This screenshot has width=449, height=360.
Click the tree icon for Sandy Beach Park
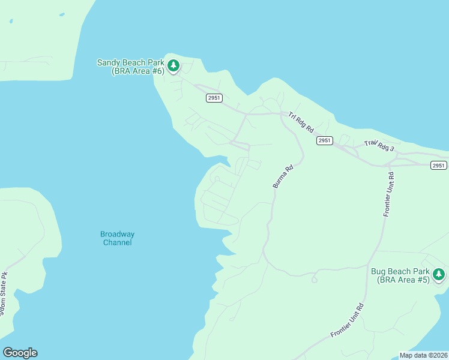(173, 65)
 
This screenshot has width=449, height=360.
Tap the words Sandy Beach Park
(130, 62)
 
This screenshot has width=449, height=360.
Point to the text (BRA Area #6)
(138, 71)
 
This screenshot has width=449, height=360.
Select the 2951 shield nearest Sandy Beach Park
(214, 98)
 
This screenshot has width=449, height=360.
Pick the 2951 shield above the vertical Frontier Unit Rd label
(439, 166)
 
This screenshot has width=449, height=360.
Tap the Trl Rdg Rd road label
(301, 122)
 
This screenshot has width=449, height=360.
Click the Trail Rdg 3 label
(379, 145)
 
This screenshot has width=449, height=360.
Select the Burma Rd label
(283, 177)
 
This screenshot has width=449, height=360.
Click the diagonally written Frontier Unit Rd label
(348, 320)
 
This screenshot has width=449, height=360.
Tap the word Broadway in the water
(117, 234)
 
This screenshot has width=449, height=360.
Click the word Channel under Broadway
(117, 242)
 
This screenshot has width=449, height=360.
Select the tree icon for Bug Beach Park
(439, 274)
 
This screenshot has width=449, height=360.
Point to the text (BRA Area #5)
(403, 280)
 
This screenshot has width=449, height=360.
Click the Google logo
(20, 353)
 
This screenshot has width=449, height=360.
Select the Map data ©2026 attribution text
(423, 355)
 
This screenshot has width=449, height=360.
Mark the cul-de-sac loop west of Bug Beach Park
(314, 278)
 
